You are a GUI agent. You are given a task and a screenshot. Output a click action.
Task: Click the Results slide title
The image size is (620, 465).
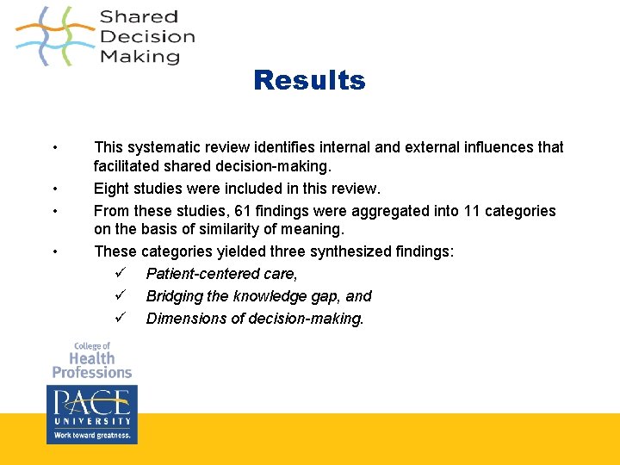(x=309, y=80)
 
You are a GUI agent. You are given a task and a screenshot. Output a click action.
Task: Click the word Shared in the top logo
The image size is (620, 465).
(x=139, y=17)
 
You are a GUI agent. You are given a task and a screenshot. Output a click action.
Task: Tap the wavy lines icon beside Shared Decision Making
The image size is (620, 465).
(x=54, y=36)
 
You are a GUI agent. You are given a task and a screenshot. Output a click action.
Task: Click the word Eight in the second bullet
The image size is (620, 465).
(x=112, y=189)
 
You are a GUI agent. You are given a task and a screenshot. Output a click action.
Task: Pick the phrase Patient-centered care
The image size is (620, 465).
(x=221, y=274)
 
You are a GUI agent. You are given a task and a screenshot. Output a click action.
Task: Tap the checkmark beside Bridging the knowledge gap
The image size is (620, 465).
(x=120, y=296)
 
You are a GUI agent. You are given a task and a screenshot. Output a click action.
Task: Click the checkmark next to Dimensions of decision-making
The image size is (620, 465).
(x=120, y=319)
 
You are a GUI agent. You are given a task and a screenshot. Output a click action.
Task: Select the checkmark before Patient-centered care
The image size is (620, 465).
(x=120, y=274)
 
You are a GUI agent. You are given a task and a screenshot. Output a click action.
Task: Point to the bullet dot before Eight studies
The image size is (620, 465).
(x=54, y=189)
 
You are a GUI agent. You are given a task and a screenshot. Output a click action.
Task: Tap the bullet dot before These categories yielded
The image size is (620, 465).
(x=54, y=251)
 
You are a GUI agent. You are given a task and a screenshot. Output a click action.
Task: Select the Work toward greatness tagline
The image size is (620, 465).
(x=91, y=436)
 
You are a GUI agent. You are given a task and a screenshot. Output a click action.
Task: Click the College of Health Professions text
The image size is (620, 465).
(x=91, y=360)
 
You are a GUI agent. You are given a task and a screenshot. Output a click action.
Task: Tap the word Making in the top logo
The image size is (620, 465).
(x=139, y=57)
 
